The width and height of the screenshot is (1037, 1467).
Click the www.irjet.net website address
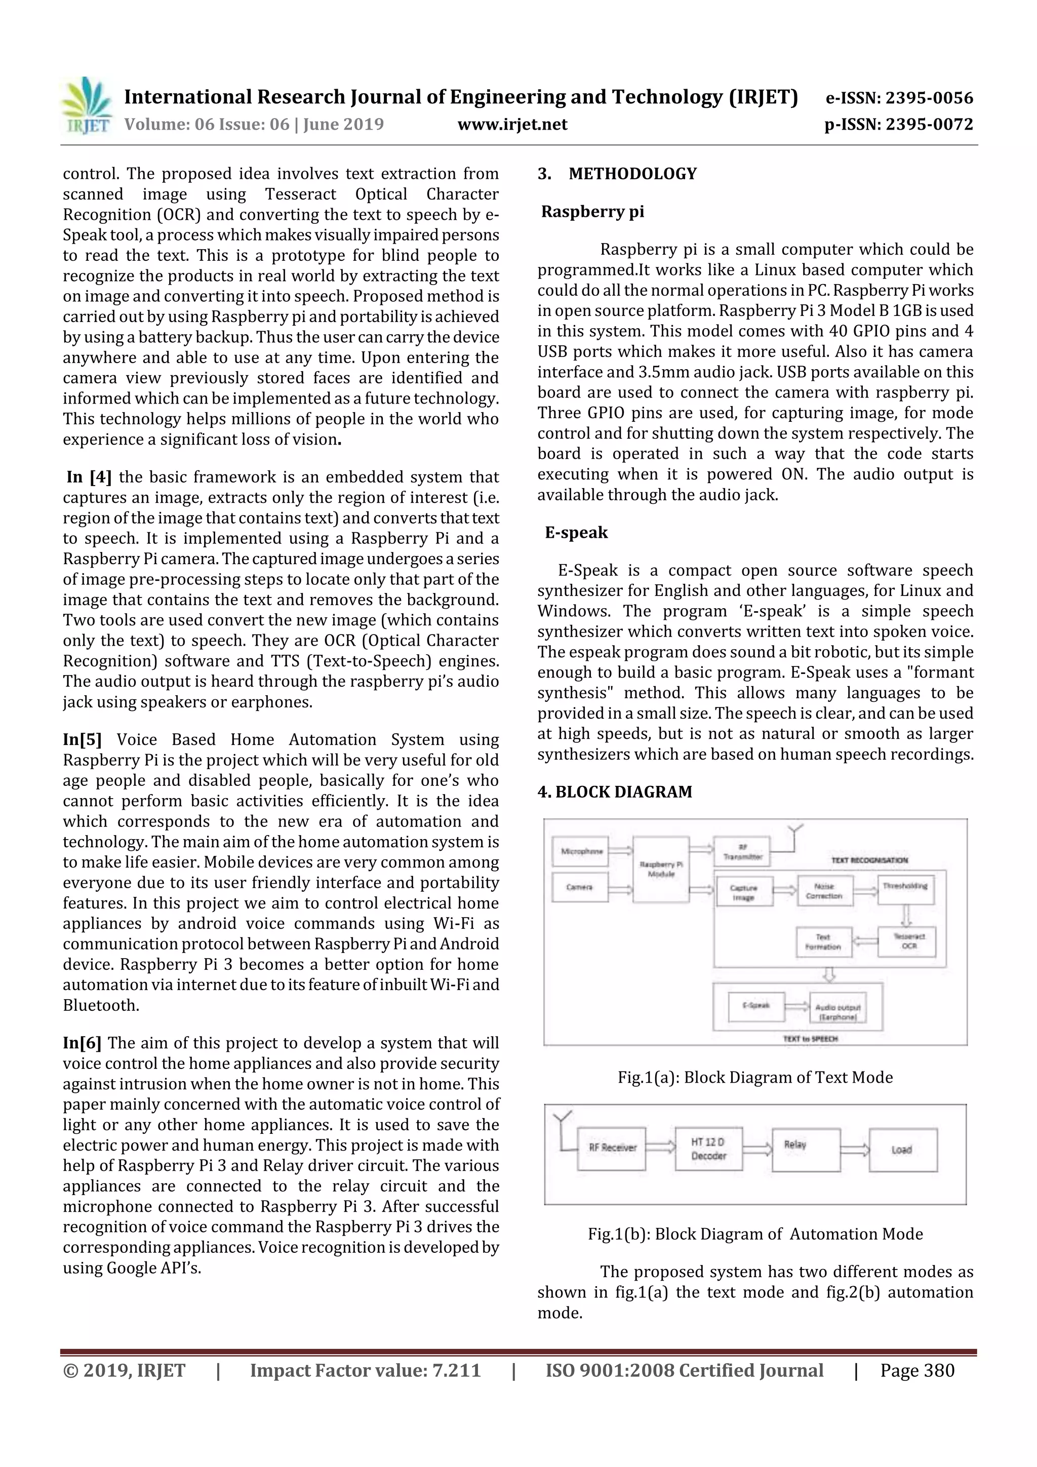click(x=512, y=125)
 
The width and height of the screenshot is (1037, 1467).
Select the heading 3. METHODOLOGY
click(x=617, y=174)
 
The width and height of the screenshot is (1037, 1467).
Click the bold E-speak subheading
click(x=576, y=532)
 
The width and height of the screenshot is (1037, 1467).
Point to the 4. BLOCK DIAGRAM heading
click(x=615, y=791)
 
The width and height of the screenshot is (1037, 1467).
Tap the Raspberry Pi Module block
click(x=661, y=869)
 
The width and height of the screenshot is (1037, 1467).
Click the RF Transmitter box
click(x=742, y=852)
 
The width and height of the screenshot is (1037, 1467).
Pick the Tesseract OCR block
click(x=908, y=941)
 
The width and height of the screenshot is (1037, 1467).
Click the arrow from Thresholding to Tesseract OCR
click(x=906, y=915)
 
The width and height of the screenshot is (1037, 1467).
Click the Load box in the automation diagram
click(x=902, y=1149)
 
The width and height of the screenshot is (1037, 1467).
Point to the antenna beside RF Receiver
click(x=562, y=1128)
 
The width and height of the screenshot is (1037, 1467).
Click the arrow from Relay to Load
click(x=854, y=1149)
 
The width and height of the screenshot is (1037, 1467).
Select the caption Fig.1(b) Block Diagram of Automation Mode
click(x=754, y=1234)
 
